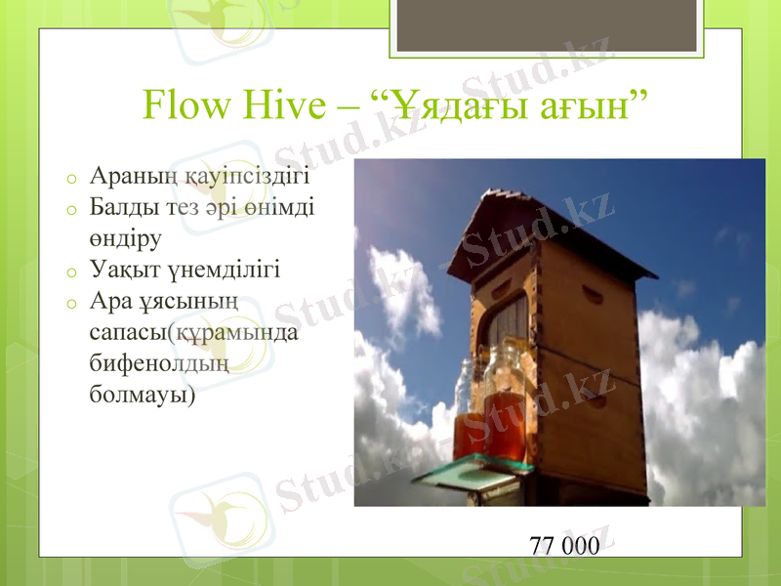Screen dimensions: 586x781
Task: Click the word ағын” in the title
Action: tap(595, 105)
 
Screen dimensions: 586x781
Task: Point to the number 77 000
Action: tap(564, 545)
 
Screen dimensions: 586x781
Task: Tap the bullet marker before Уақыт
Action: tap(71, 271)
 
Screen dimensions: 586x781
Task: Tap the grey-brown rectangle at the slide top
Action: tap(546, 25)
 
